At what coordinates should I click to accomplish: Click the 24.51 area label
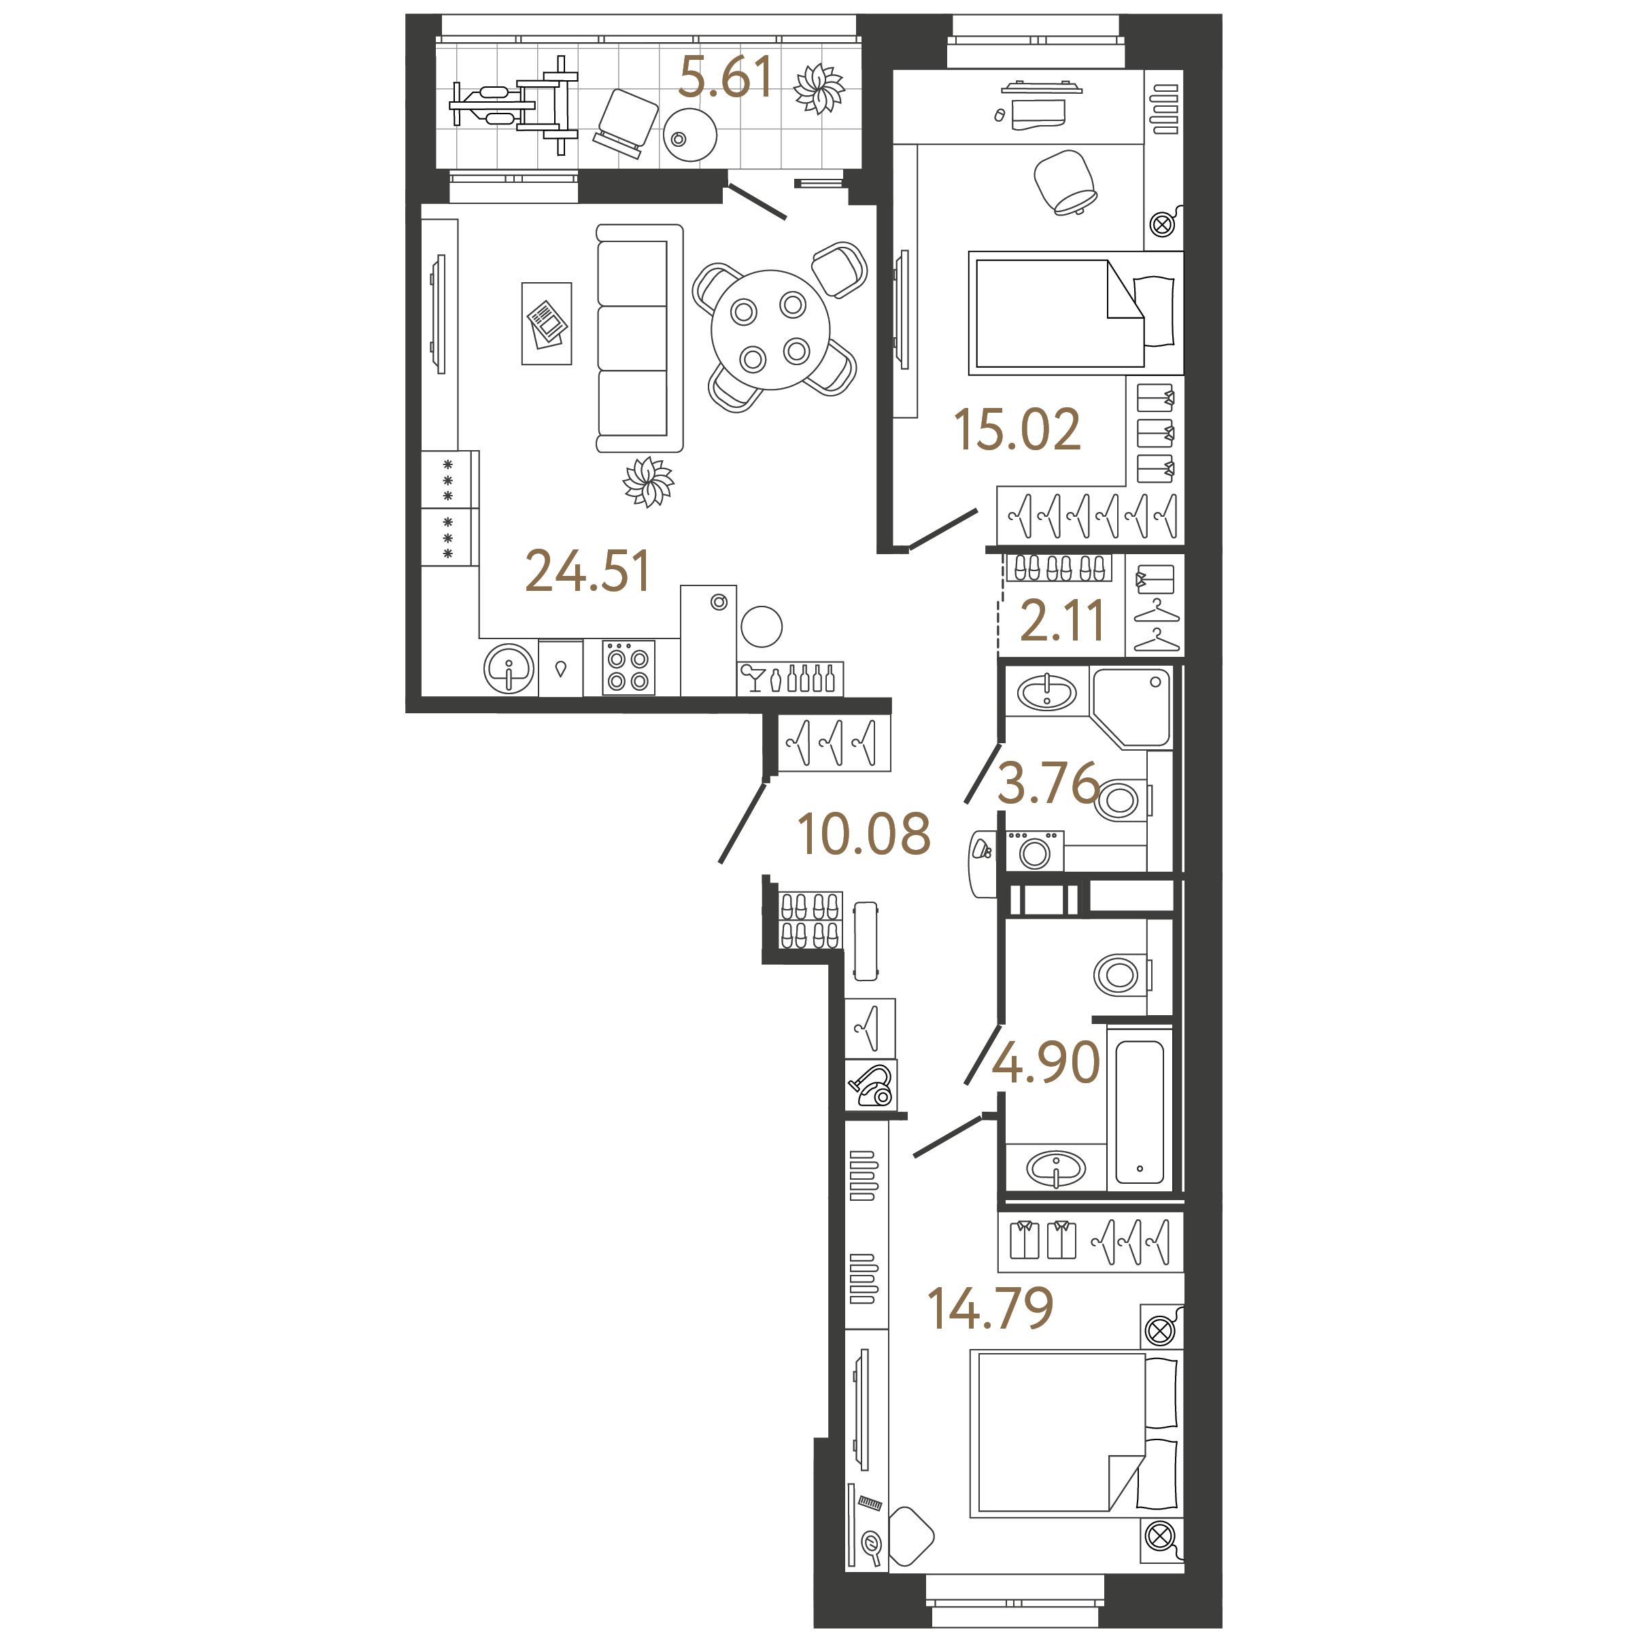tap(587, 570)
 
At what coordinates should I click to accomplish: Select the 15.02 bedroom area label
tap(1017, 429)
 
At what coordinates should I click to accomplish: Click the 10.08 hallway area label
tap(864, 834)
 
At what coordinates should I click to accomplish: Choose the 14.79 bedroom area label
tap(990, 1308)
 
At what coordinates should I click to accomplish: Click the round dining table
tap(770, 330)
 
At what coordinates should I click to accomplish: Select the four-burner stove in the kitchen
tap(628, 668)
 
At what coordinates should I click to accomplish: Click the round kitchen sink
tap(509, 669)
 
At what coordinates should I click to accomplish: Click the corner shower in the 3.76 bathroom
tap(1131, 707)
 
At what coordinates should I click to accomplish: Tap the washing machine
tap(1034, 851)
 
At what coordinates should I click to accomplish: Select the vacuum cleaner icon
tap(872, 1086)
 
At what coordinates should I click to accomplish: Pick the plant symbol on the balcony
tap(819, 89)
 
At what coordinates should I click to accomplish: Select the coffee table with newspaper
tap(547, 324)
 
